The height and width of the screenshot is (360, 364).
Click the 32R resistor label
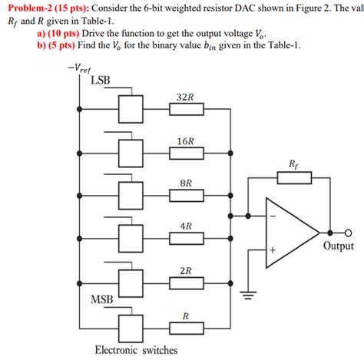185,98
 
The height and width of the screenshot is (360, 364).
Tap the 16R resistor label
185,141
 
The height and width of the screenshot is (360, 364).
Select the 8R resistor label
185,184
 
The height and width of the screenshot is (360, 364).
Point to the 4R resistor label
185,227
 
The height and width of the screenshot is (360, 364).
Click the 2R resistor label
185,271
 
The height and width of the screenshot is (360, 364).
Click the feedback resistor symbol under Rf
294,178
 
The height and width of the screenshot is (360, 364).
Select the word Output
338,246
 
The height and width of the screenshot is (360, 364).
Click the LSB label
101,79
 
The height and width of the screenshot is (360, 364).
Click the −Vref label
79,68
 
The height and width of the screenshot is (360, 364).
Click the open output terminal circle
348,231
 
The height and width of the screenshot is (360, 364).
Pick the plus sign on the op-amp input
271,250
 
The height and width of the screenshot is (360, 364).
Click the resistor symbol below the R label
185,325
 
